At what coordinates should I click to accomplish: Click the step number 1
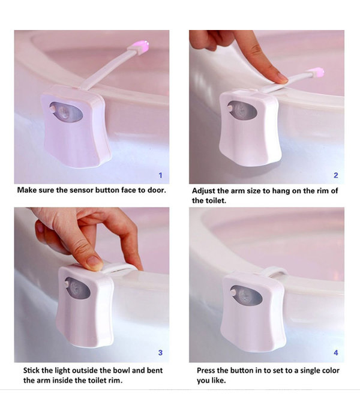160,175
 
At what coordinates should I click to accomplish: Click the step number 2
335,175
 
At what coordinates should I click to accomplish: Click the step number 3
160,353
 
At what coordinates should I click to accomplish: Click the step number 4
335,353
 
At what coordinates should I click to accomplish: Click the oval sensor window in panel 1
67,112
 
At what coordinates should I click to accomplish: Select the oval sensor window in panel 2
242,110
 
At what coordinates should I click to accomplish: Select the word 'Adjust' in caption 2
205,190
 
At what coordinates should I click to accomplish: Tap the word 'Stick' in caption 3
34,370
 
